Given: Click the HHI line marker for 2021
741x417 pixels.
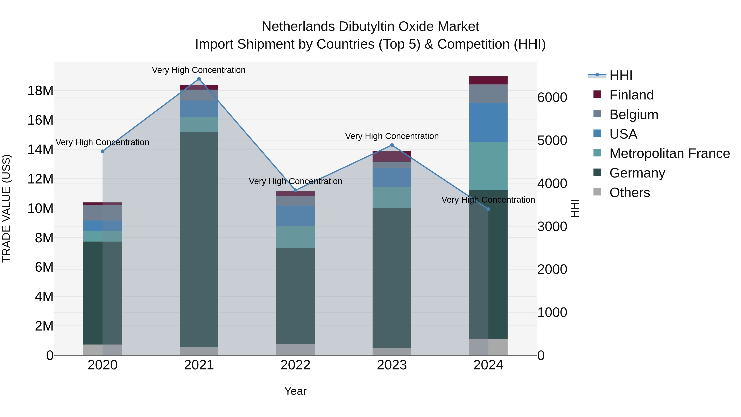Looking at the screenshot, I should point(199,79).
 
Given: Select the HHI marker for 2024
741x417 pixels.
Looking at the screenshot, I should point(488,209).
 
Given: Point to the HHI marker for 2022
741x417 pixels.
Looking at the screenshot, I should point(295,190).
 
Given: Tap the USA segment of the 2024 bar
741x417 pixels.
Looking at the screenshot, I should point(488,123).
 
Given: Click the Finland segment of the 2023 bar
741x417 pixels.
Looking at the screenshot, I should point(392,157).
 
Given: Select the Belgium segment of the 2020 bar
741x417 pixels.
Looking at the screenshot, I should point(103,213).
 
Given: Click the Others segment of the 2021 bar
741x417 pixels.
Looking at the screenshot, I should point(199,351).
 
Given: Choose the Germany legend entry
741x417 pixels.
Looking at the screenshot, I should point(637,173).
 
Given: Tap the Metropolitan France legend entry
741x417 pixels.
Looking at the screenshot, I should point(669,153).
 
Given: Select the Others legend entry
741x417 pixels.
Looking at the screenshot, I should point(629,193).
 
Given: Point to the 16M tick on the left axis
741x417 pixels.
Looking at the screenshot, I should point(40,120).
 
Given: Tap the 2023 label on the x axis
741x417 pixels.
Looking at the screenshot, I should point(392,365).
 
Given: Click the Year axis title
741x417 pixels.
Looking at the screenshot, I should point(295,391).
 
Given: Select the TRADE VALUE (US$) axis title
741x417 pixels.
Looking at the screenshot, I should point(6,208).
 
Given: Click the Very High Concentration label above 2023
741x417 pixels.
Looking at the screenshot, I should point(392,136).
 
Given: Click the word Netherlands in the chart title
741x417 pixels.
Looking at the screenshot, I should point(298,27).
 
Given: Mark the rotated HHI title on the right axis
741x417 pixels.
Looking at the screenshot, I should point(574,208).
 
